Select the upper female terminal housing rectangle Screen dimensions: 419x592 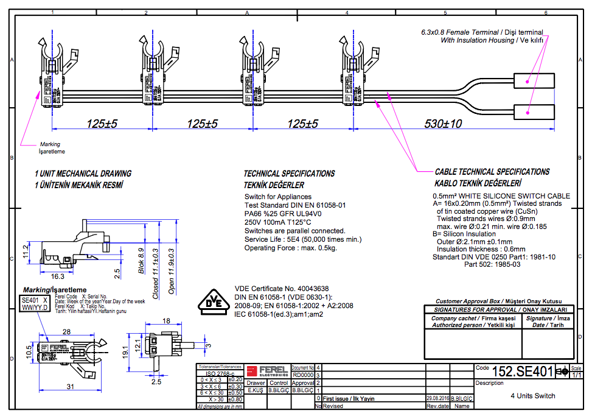[x=534, y=81]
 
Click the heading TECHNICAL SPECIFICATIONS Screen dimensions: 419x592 [x=289, y=174]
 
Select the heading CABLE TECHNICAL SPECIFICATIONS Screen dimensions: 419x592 [x=492, y=172]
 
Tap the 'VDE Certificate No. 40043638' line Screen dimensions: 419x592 [x=281, y=289]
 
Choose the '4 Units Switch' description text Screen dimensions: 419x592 [x=533, y=395]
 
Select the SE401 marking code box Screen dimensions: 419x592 [x=30, y=300]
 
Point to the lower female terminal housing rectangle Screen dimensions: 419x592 [x=534, y=111]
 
